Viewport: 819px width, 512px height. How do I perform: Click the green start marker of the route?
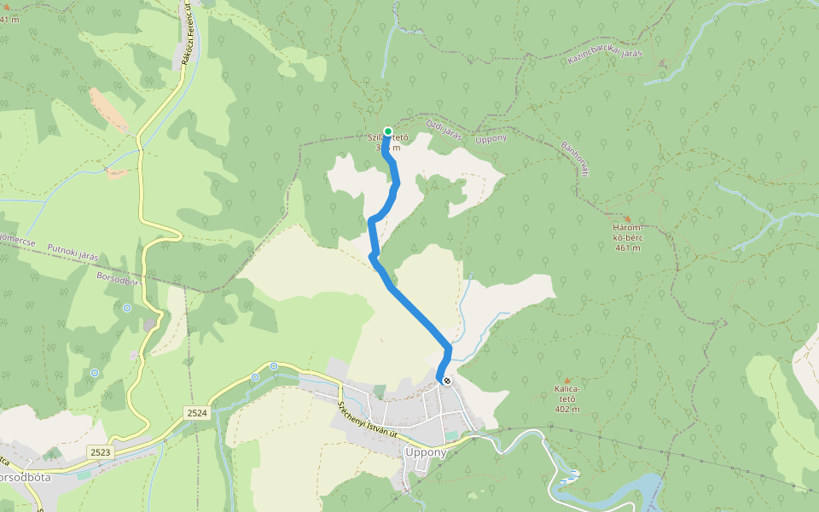[388, 131]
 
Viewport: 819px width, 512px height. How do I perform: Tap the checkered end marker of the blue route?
[446, 381]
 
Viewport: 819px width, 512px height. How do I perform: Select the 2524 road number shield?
[197, 413]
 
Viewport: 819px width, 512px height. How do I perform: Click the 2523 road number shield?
[100, 451]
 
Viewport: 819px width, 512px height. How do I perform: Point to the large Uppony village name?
[426, 452]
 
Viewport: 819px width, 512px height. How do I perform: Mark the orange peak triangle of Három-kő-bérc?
[628, 219]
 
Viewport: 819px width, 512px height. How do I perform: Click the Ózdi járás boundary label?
[444, 132]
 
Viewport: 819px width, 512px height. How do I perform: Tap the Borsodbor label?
[117, 278]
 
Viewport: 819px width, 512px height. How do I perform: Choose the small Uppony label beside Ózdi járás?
[491, 138]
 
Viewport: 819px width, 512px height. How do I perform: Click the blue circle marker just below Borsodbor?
[127, 307]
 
